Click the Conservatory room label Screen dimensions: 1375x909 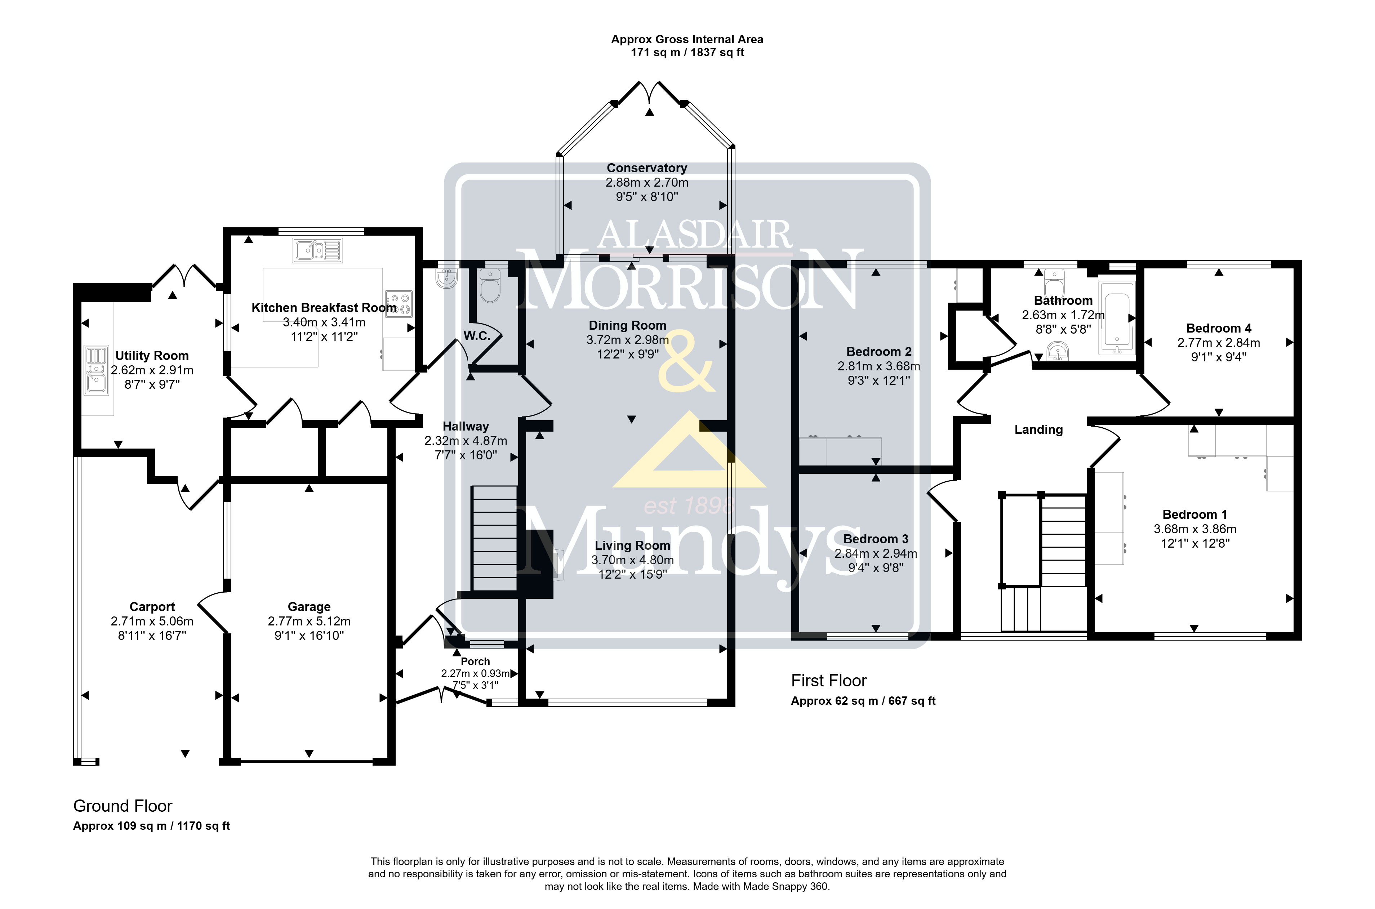[x=647, y=168]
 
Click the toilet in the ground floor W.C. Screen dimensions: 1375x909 [x=490, y=286]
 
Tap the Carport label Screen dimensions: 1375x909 [x=152, y=607]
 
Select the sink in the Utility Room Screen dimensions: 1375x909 [x=96, y=370]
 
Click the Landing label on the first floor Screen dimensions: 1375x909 [x=1038, y=429]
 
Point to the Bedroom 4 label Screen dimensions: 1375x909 [x=1219, y=328]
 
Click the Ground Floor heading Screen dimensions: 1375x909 [x=123, y=806]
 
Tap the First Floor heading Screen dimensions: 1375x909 [x=829, y=681]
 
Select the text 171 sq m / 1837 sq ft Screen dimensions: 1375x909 [x=687, y=53]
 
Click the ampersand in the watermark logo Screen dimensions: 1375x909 [x=686, y=361]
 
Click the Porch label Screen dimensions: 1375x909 [x=475, y=661]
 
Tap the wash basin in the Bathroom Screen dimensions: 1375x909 [x=1058, y=351]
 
